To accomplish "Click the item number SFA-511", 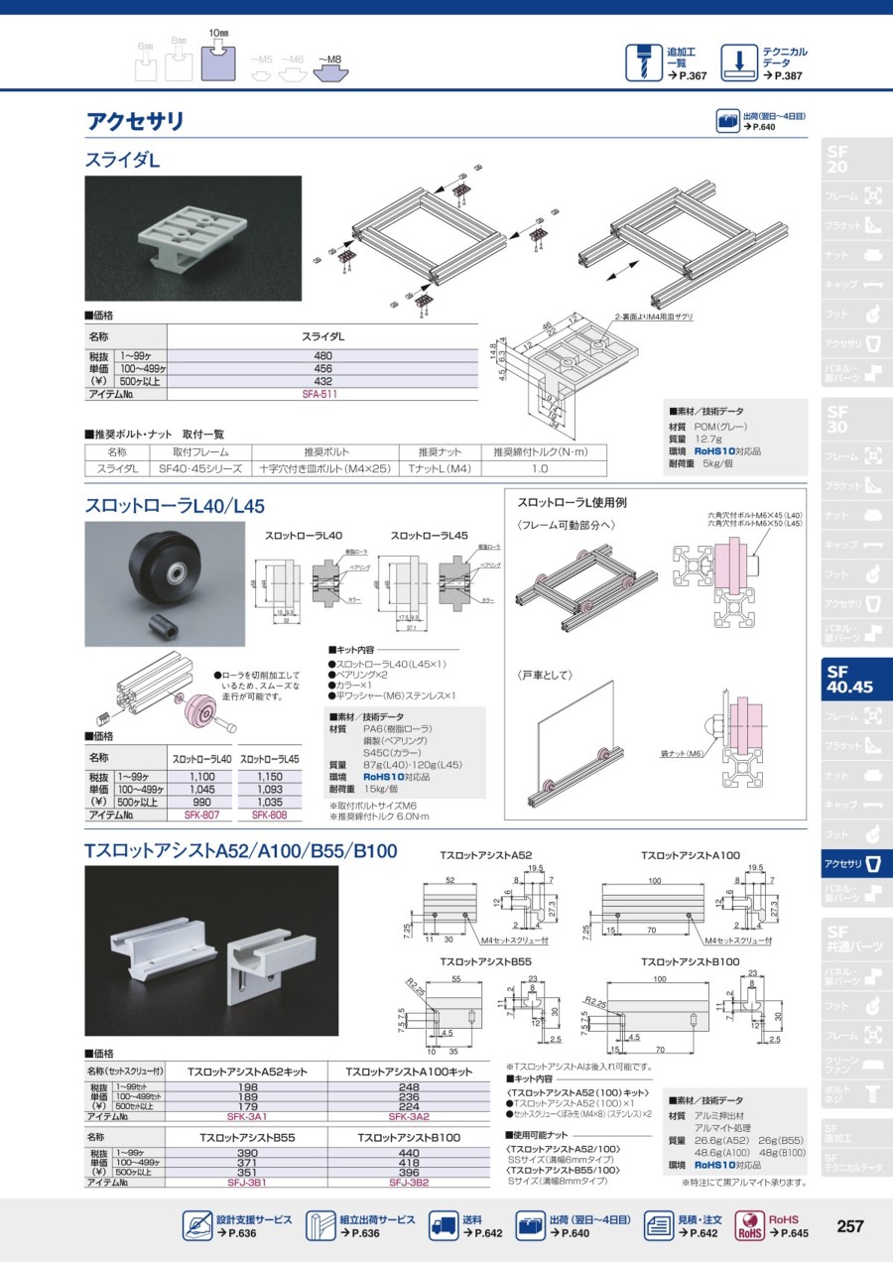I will coord(319,394).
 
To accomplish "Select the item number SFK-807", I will coord(201,815).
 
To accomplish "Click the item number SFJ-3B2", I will coord(408,1183).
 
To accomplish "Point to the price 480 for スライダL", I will coord(322,355).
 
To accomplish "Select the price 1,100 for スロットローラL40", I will coord(202,777).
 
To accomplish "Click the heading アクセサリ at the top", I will coord(135,122).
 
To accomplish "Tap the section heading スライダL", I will coord(122,159).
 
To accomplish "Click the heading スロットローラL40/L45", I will coord(175,505).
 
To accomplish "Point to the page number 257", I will coord(849,1226).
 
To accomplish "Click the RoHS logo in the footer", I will coord(750,1226).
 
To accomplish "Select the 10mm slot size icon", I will coord(218,61).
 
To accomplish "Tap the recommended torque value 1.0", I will coord(539,468).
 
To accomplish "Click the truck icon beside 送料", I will coord(443,1226).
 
